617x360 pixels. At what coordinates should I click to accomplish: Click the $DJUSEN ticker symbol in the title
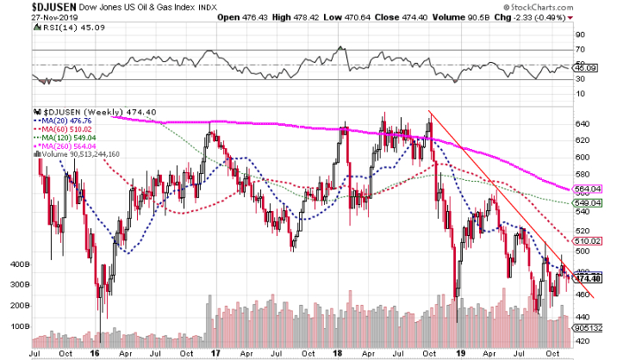tap(28, 6)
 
